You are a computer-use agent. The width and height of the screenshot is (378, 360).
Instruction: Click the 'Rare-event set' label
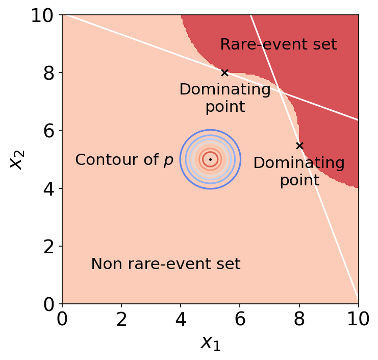coord(278,45)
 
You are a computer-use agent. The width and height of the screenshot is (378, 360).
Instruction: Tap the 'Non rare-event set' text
coord(165,264)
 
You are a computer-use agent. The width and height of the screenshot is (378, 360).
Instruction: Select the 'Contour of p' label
coord(124,160)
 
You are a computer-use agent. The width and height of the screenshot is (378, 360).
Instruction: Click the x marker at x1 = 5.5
coord(224,73)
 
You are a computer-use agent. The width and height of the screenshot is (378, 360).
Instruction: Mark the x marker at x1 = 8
coord(299,146)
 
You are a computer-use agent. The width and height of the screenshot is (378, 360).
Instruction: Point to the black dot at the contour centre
coord(210,159)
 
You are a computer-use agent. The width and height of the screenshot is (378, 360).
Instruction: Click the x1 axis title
coord(211,343)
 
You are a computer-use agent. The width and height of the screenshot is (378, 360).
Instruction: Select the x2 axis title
coord(16,160)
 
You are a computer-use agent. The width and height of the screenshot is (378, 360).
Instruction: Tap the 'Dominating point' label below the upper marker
coord(225,98)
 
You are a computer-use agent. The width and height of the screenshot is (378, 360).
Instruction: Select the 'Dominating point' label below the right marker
coord(299,172)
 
